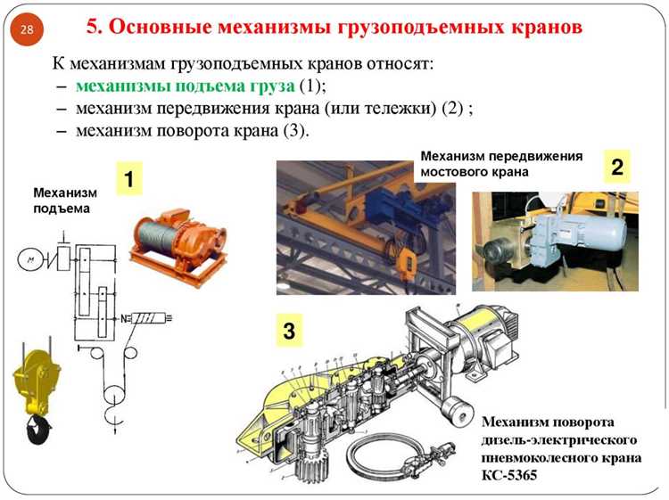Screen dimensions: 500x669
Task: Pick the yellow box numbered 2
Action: click(616, 167)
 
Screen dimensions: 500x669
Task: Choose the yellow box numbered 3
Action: click(288, 332)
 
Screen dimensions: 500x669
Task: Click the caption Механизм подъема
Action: click(62, 201)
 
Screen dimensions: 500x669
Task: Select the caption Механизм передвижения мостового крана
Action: click(500, 163)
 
